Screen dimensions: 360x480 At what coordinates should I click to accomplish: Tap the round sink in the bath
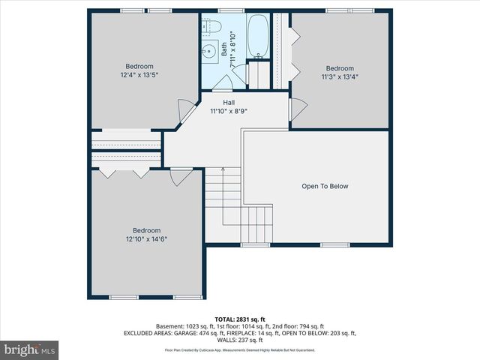(x=208, y=52)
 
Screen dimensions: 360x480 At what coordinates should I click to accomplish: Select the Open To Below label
(x=325, y=186)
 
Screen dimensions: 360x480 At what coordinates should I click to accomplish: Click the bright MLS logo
(x=30, y=349)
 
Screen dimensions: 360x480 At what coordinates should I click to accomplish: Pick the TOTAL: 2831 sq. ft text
(x=240, y=318)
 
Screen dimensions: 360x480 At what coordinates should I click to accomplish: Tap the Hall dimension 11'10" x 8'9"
(x=229, y=111)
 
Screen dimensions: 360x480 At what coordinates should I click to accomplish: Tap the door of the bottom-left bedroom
(x=180, y=177)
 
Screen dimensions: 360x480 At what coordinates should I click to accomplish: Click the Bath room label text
(x=223, y=49)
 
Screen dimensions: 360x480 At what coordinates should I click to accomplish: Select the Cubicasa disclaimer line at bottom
(x=240, y=349)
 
